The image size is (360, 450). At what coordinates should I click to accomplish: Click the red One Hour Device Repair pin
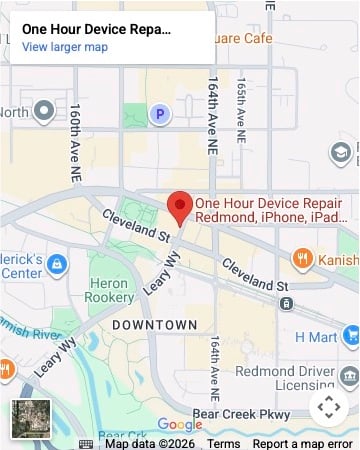(x=180, y=206)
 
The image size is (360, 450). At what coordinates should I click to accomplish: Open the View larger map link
(x=65, y=47)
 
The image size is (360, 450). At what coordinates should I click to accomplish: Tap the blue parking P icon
(x=159, y=115)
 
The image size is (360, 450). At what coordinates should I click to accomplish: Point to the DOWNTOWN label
(x=154, y=325)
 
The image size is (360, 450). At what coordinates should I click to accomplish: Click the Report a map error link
(x=302, y=444)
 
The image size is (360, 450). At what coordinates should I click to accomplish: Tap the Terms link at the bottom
(x=223, y=444)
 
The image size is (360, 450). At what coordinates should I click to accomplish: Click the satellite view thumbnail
(x=30, y=419)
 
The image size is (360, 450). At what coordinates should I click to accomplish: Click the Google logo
(x=180, y=425)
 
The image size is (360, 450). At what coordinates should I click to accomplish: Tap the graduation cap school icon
(x=344, y=152)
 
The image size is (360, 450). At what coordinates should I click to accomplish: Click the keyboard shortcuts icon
(x=86, y=444)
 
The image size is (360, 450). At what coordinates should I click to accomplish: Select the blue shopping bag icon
(x=57, y=264)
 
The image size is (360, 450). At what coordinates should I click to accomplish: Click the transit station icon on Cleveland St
(x=287, y=303)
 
